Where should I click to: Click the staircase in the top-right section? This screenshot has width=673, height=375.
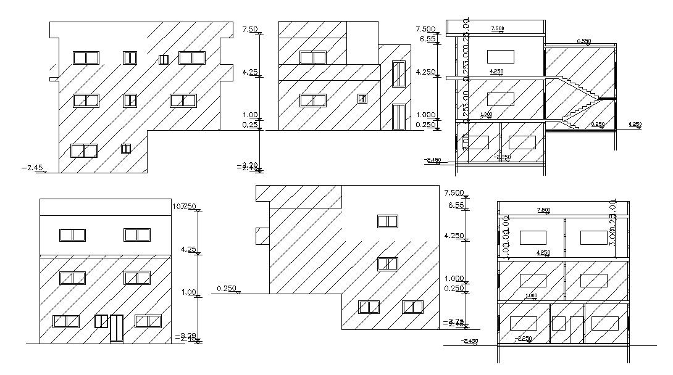578,102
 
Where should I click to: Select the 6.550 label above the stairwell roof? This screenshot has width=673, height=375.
583,41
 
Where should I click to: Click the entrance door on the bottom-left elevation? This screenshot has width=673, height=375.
116,328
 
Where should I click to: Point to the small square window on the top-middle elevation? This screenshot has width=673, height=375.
362,98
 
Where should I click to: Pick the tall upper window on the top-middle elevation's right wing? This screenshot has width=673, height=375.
399,74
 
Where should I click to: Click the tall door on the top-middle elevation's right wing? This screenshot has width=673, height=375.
399,117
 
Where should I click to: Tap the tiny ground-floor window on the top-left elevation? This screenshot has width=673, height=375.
126,149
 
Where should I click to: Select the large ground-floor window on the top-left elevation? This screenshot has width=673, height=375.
84,150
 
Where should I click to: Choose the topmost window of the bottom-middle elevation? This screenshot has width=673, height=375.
387,221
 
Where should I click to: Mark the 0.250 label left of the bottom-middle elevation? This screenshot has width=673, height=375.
227,288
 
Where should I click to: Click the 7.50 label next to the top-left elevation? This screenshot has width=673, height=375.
250,29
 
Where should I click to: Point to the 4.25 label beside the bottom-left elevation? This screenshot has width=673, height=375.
188,249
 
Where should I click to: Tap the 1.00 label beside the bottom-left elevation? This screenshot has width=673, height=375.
188,292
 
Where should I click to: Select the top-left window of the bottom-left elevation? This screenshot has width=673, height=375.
72,235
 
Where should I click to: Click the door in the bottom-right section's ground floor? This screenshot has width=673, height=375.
577,329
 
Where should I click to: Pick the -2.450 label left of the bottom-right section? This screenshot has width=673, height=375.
470,341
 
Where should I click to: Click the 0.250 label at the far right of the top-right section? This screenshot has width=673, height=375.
635,125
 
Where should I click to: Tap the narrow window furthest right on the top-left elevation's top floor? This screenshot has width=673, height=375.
164,59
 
